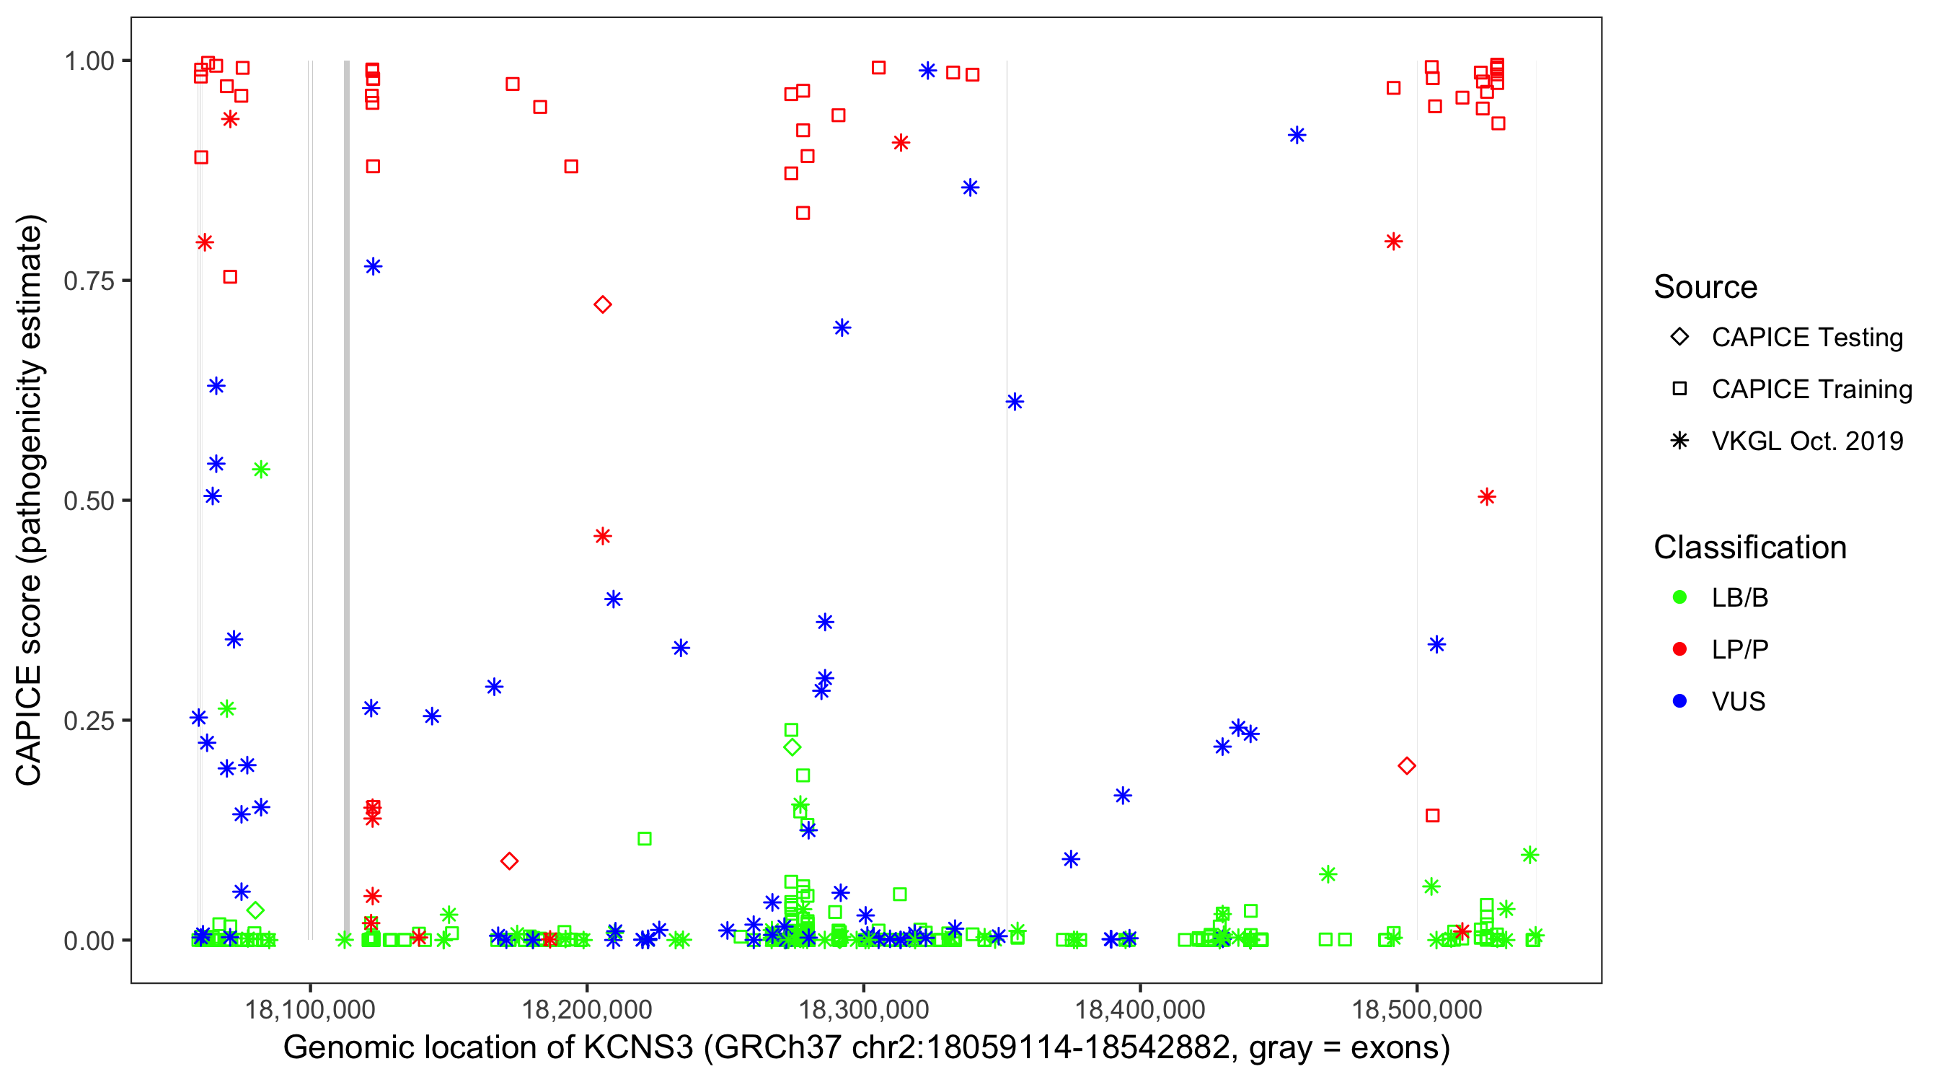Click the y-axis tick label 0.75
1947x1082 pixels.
pos(88,281)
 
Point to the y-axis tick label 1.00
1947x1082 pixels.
pos(88,61)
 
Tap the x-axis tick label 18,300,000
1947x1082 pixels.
pos(863,1008)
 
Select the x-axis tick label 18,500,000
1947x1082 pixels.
pos(1416,1008)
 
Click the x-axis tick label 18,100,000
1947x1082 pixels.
pos(310,1008)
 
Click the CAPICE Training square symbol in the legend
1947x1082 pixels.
pos(1679,389)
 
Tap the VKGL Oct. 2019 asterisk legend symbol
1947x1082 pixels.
pos(1679,441)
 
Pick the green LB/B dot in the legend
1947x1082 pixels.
pos(1679,597)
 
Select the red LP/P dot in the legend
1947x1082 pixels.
pos(1679,649)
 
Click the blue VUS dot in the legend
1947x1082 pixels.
pos(1679,701)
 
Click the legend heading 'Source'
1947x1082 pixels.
pos(1705,287)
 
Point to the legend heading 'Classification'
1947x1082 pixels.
pos(1749,547)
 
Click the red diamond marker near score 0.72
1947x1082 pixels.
pos(602,304)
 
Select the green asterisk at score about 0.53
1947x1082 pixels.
pos(261,470)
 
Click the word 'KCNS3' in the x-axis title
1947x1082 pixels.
pos(637,1048)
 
